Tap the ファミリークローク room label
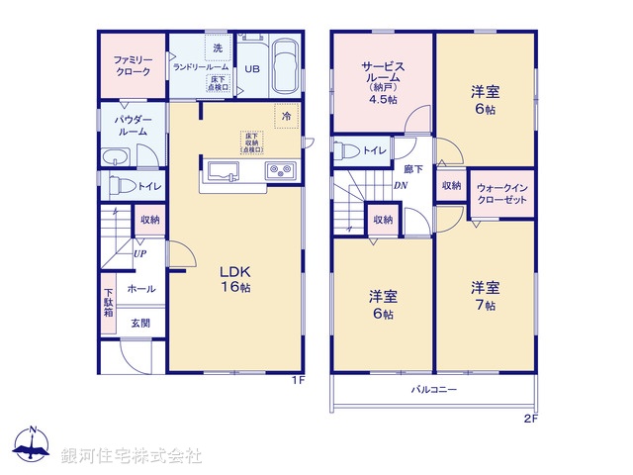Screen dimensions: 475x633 point(133,66)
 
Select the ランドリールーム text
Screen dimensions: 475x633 point(201,66)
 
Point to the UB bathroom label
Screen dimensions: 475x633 point(252,68)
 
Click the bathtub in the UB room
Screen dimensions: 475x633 point(286,66)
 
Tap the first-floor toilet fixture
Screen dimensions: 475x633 point(118,184)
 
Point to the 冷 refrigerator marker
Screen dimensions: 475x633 point(285,115)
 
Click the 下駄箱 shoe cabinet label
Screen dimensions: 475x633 point(108,301)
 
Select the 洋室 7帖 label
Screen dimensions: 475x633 point(484,296)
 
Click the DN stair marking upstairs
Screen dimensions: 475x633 point(402,185)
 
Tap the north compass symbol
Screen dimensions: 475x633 point(33,448)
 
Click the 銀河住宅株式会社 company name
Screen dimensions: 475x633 point(132,455)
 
